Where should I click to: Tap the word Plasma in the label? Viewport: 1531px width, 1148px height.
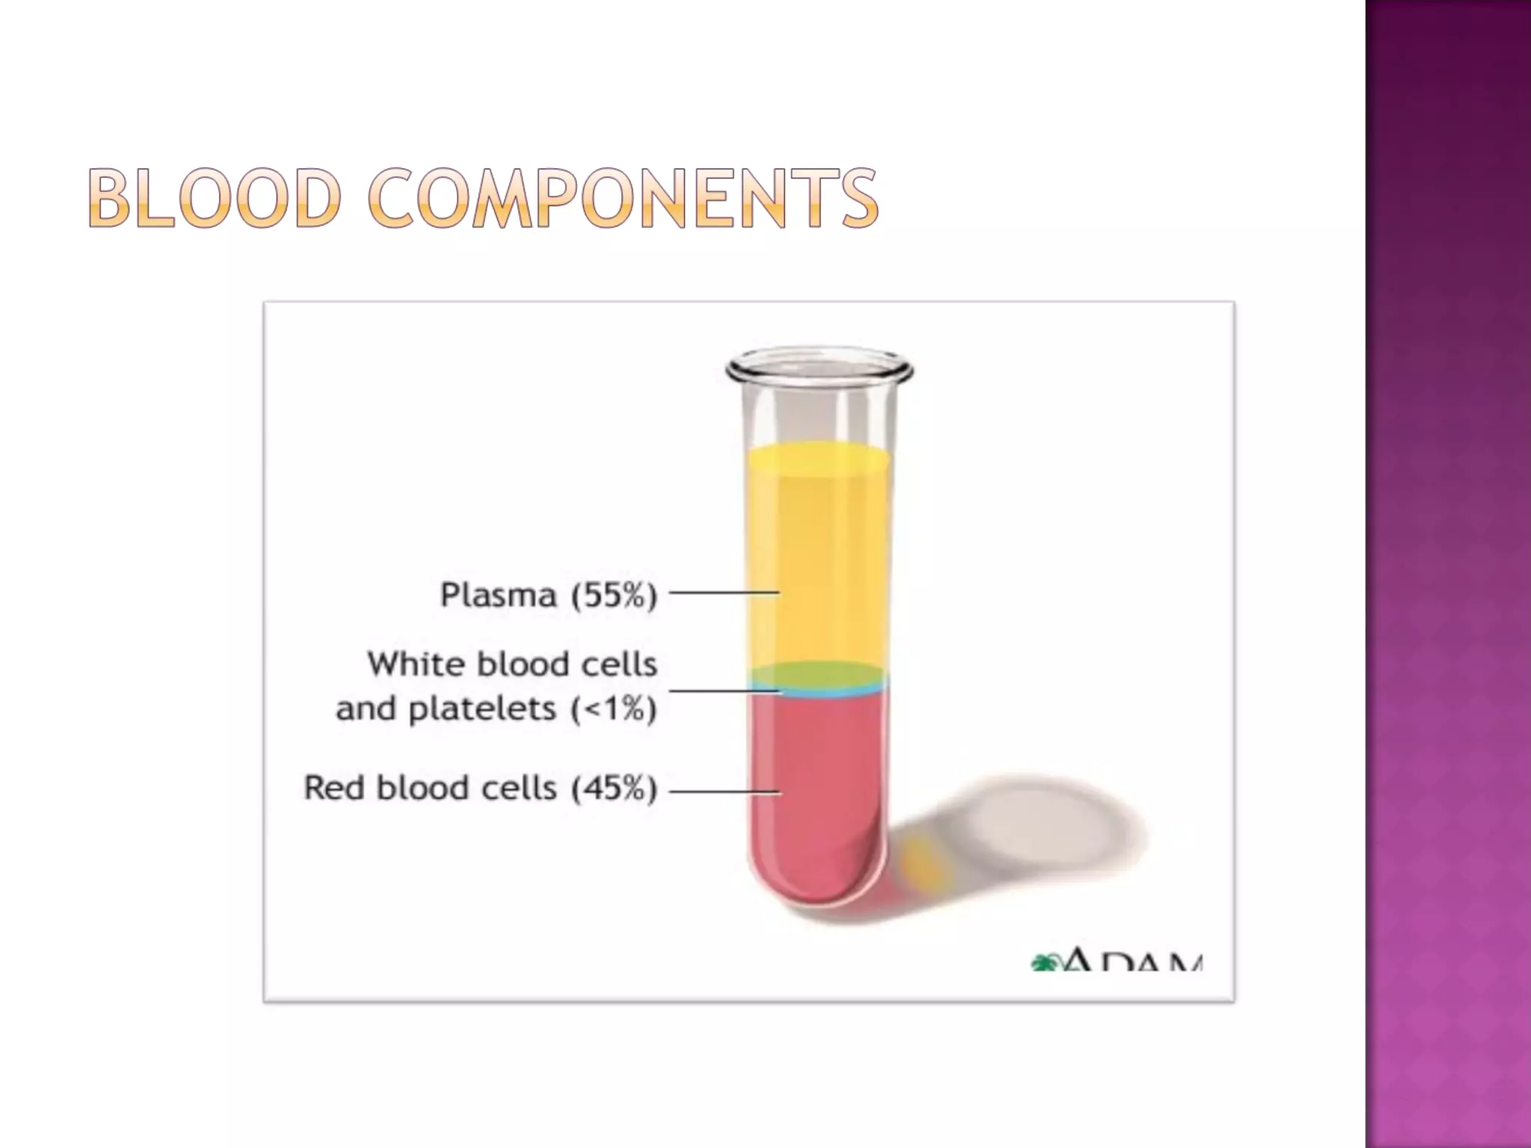[499, 595]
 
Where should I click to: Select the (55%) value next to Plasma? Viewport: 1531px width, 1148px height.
[614, 595]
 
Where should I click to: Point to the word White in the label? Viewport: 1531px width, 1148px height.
[413, 664]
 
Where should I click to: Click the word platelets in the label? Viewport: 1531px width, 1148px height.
[482, 709]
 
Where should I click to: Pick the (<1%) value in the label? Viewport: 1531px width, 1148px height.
[614, 709]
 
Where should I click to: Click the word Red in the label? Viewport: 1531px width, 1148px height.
[333, 788]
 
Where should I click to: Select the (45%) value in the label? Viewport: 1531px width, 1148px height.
[614, 788]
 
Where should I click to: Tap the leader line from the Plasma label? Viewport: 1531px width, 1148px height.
[723, 593]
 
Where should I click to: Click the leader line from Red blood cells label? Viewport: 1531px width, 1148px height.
[723, 791]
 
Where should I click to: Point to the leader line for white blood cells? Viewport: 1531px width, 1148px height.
[723, 691]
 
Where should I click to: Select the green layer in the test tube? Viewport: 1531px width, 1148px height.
[819, 674]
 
